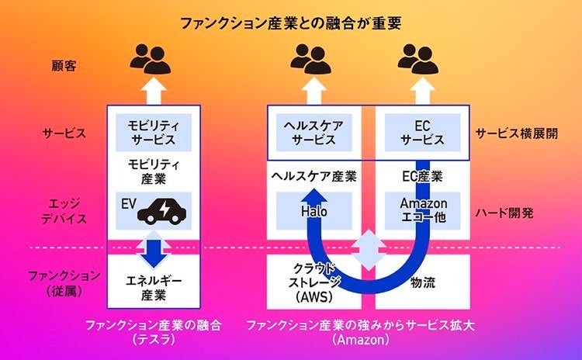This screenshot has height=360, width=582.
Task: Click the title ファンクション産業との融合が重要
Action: (291, 23)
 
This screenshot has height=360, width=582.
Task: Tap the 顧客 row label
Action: (64, 66)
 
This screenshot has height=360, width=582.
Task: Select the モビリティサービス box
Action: (154, 133)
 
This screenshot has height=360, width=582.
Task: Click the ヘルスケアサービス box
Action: (314, 133)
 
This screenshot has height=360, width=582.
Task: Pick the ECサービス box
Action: (422, 133)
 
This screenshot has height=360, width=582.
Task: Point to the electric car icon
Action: (162, 212)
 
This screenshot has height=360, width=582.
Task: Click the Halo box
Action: (314, 211)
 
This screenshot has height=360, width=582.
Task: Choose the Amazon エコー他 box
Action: (422, 211)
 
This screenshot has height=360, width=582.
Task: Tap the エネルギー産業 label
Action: (154, 287)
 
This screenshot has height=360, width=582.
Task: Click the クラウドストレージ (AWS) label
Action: (314, 283)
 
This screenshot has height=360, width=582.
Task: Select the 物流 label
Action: (423, 282)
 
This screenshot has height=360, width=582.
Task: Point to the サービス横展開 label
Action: (517, 133)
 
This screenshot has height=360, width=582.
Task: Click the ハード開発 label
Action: (504, 213)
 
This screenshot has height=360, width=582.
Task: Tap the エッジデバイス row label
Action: (64, 211)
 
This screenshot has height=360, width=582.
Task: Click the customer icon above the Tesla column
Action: (151, 59)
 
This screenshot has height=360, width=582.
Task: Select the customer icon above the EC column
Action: (418, 59)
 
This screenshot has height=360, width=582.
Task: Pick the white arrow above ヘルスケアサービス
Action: (314, 90)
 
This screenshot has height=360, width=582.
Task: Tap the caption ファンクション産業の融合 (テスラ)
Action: (154, 332)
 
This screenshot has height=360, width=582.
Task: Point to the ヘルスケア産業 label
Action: (314, 176)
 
